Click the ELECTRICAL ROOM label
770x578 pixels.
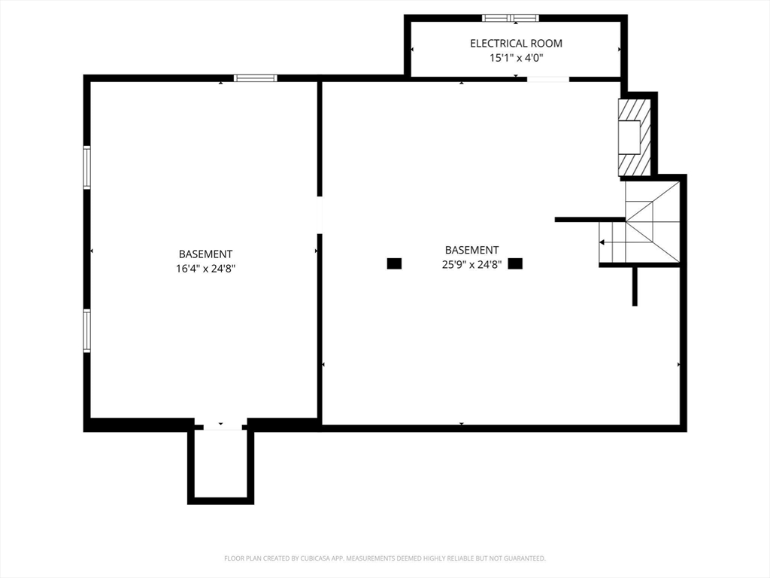(x=516, y=43)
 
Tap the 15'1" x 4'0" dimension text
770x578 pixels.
(x=516, y=58)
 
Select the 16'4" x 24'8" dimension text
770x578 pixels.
(x=206, y=269)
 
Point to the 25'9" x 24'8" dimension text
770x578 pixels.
(x=471, y=264)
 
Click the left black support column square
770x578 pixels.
(x=394, y=263)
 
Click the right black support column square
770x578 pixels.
(x=515, y=263)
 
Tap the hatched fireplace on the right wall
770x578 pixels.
(x=635, y=137)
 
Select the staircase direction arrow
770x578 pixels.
(x=612, y=242)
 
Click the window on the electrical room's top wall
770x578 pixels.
(x=511, y=18)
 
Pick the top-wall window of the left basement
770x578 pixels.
(x=256, y=78)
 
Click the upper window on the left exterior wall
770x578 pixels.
(x=87, y=168)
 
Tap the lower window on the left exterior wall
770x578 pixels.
(x=87, y=331)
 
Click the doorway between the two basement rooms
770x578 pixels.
(x=319, y=214)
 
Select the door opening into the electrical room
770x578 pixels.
(x=548, y=78)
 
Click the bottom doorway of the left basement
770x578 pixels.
(x=223, y=427)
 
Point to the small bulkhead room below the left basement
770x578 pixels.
(x=220, y=464)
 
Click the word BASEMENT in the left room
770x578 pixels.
(x=206, y=254)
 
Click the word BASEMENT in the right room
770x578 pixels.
(x=472, y=250)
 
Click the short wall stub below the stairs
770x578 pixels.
(x=635, y=287)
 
